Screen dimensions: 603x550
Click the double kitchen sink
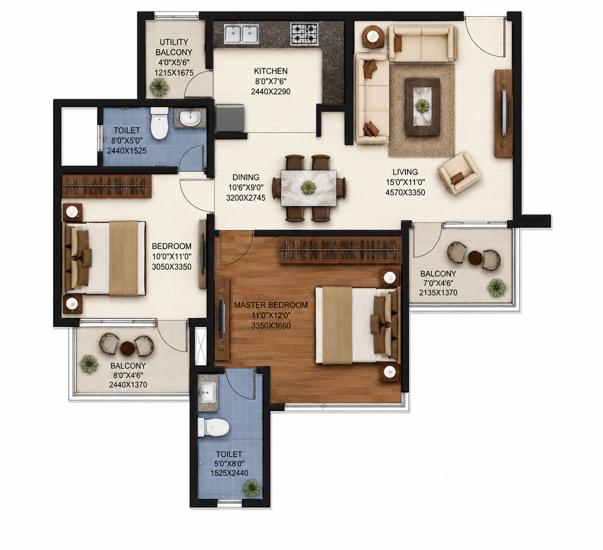point(242,34)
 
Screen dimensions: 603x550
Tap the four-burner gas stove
point(304,34)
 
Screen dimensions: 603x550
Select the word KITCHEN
point(271,71)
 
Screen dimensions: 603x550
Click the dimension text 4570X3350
point(405,193)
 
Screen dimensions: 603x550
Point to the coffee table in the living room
point(423,107)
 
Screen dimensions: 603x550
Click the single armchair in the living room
point(459,173)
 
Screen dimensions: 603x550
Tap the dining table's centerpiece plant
point(309,188)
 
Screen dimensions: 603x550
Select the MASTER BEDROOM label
point(271,305)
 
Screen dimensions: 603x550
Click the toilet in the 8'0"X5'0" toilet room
point(159,123)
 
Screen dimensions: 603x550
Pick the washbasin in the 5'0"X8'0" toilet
point(208,393)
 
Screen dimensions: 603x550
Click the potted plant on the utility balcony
point(159,87)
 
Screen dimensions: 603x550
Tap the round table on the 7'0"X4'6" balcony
point(475,258)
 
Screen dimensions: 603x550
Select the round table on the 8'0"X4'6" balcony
point(128,348)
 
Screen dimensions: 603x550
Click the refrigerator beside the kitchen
point(230,118)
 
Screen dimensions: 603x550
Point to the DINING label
point(246,177)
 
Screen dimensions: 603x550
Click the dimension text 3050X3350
point(172,267)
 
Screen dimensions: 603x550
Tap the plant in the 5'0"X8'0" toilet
point(252,488)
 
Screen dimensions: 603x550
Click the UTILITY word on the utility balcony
point(174,42)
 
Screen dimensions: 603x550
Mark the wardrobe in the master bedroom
point(340,250)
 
